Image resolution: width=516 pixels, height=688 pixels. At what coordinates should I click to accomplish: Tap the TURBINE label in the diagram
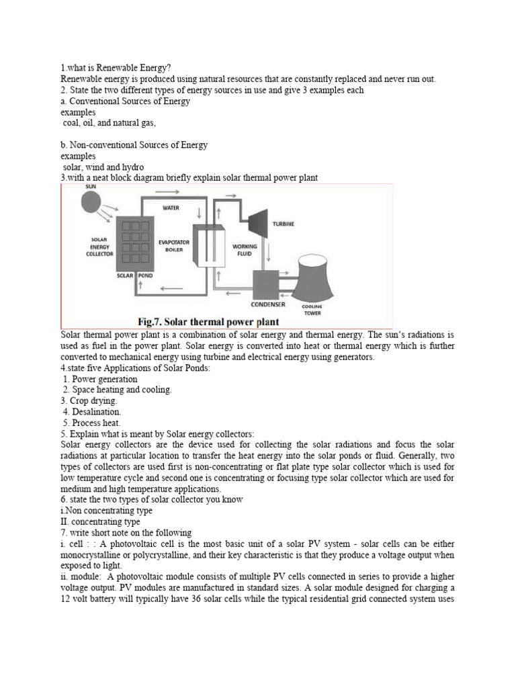click(284, 224)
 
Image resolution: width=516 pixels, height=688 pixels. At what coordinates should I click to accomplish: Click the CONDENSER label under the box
click(268, 304)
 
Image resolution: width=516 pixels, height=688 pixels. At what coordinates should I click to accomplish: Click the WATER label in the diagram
click(171, 208)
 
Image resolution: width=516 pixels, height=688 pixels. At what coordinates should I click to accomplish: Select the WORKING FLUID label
click(245, 251)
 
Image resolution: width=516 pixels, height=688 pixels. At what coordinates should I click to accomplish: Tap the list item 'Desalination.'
click(92, 411)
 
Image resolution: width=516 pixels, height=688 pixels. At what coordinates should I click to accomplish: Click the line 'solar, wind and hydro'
click(103, 167)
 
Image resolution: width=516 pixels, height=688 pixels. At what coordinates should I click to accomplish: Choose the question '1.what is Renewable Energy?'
click(116, 68)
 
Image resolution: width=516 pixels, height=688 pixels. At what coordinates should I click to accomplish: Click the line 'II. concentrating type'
click(100, 521)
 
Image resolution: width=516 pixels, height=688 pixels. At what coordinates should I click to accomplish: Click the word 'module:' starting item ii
click(83, 576)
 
